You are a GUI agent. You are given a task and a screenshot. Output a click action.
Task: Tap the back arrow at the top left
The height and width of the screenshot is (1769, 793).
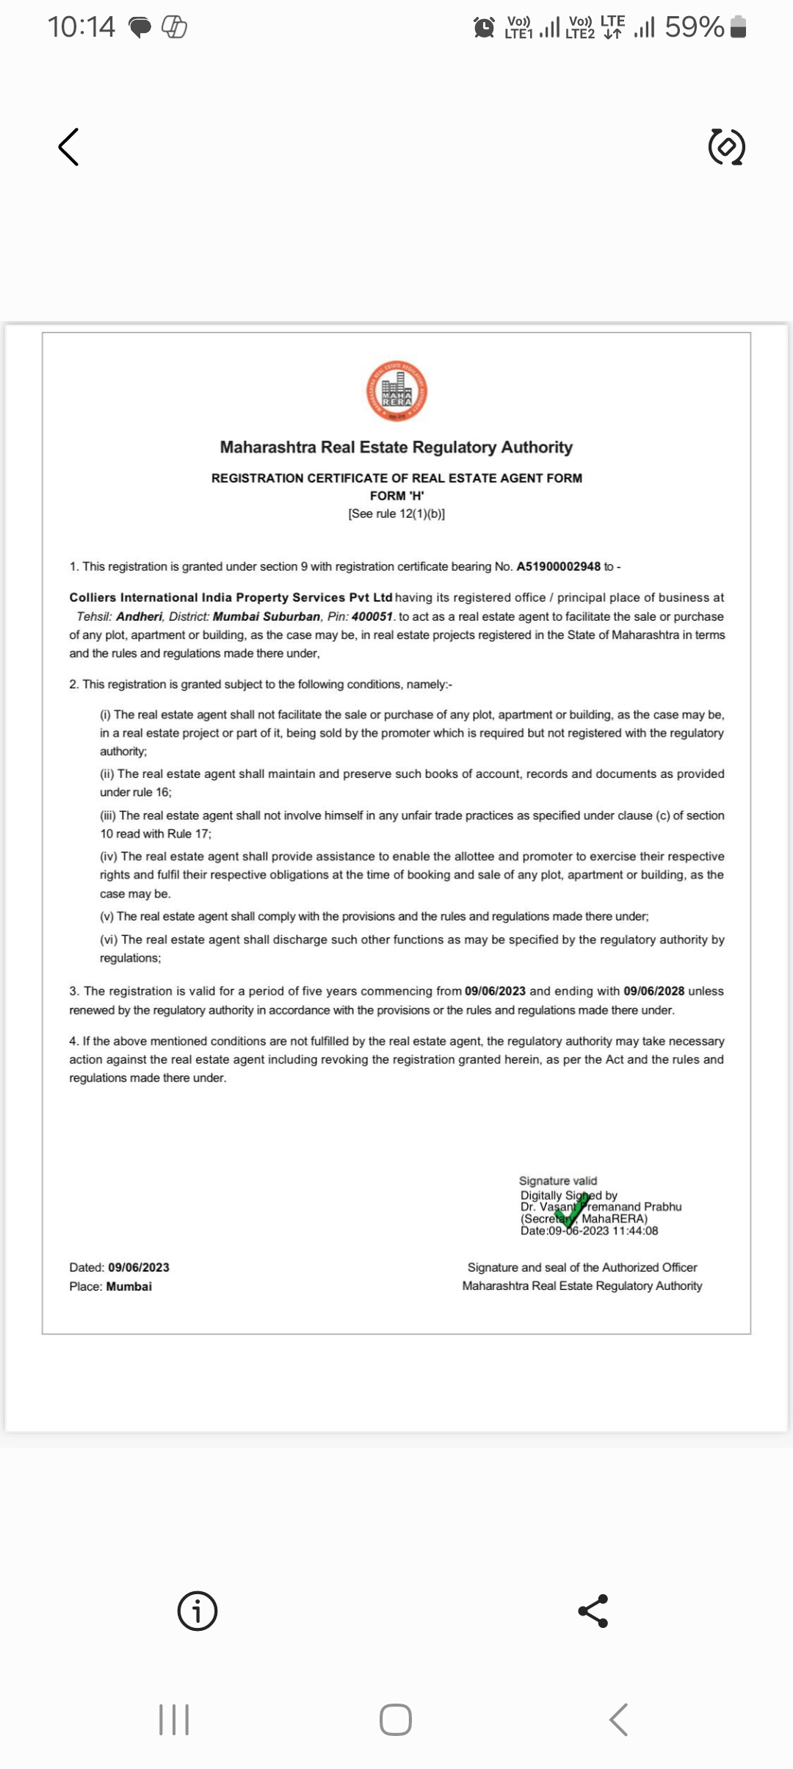pos(68,147)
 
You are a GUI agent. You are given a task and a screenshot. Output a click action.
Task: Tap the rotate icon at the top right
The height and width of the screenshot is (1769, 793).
pos(726,147)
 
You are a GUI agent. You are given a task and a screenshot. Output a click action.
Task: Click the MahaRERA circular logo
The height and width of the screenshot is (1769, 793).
pos(397,391)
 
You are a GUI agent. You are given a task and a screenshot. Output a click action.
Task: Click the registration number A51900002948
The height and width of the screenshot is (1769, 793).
pos(558,566)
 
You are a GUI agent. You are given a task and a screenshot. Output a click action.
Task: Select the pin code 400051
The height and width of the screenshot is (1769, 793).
pos(372,616)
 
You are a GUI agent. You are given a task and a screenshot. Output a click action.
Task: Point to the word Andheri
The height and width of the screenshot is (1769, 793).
pos(139,616)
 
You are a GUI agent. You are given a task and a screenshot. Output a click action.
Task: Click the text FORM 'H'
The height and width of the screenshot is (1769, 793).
pos(396,496)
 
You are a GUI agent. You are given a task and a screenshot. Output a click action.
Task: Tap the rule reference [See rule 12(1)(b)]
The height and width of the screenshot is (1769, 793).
pos(396,514)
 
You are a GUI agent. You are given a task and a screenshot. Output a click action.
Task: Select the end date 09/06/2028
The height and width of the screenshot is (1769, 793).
pos(653,991)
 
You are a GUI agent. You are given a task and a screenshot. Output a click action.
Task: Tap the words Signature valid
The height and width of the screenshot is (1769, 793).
pos(558,1181)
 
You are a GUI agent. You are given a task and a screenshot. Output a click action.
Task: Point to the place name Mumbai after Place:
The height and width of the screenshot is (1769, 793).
pos(129,1286)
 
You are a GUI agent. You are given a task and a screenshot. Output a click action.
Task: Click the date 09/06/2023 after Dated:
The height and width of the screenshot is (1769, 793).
pos(139,1267)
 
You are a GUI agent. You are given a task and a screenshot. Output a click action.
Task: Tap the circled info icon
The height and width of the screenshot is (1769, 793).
pos(198,1611)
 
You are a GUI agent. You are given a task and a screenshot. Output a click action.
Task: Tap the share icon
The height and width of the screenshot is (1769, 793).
pos(593,1611)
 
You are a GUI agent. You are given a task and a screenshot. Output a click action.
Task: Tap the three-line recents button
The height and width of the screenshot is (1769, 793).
pos(174,1720)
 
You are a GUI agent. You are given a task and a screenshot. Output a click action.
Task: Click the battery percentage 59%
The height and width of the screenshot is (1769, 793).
pos(694,27)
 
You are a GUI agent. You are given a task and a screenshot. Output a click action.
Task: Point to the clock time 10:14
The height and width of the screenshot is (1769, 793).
pos(81,27)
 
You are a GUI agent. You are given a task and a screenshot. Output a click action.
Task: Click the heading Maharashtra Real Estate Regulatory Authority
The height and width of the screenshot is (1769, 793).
pos(396,447)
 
